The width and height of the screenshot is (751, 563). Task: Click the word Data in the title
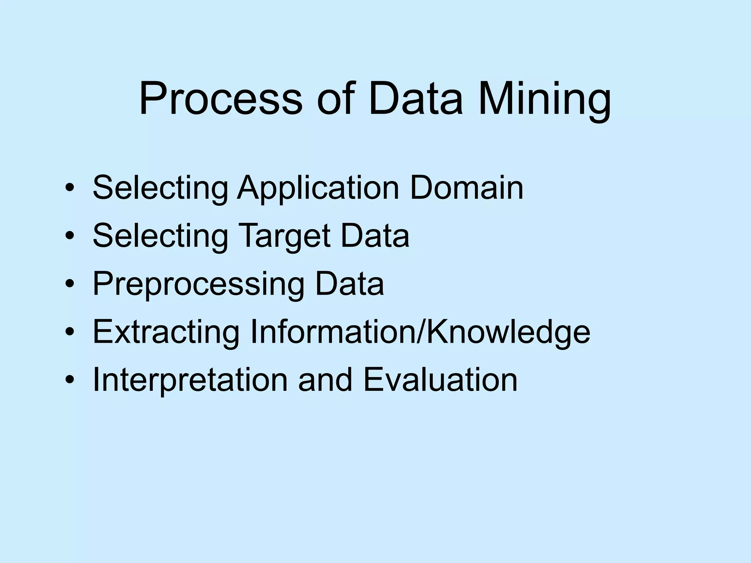pyautogui.click(x=416, y=99)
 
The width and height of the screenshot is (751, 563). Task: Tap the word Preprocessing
pyautogui.click(x=198, y=284)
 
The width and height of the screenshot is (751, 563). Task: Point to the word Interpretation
pyautogui.click(x=190, y=380)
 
